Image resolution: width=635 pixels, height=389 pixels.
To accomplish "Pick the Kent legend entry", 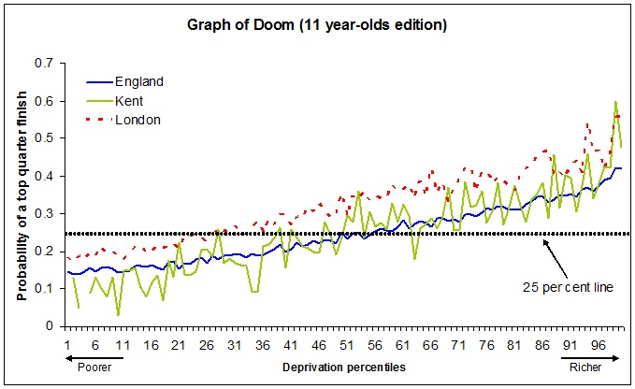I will [130, 100].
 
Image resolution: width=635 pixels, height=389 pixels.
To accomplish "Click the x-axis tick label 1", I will [67, 344].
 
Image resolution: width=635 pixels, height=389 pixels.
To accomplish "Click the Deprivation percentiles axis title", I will [344, 368].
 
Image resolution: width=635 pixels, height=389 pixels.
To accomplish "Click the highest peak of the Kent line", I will [615, 102].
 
